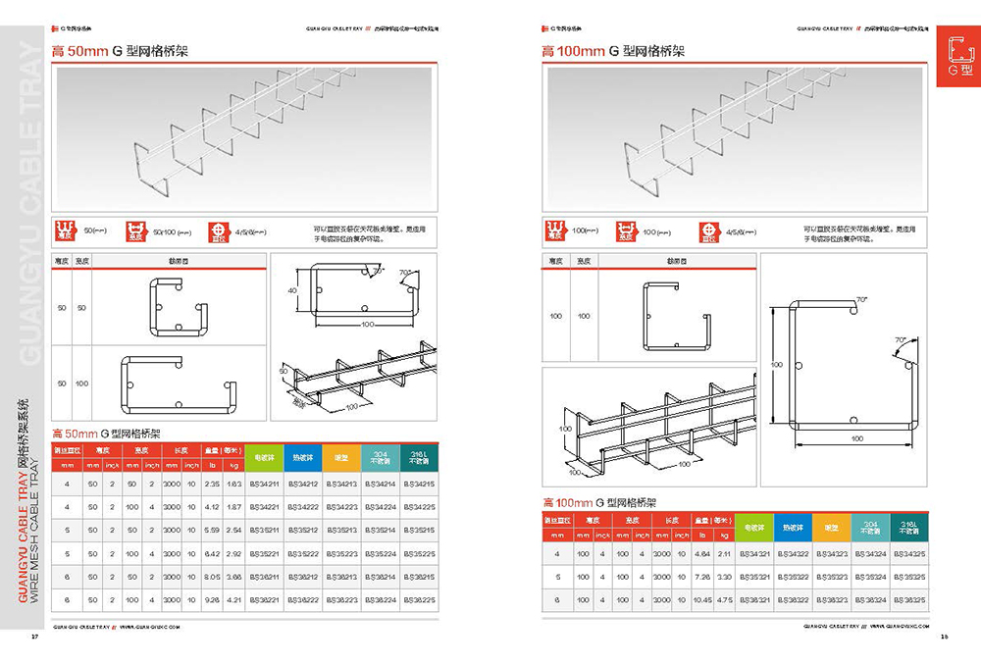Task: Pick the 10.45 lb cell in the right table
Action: click(x=702, y=598)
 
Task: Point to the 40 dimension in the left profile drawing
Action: click(x=292, y=290)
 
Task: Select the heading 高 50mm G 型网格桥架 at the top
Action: click(x=119, y=51)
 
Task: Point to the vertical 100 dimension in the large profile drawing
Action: click(x=776, y=364)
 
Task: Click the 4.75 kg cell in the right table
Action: click(x=725, y=598)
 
